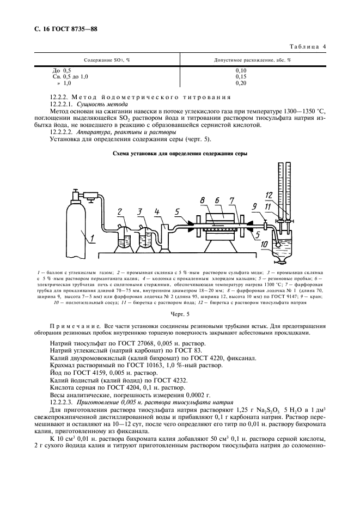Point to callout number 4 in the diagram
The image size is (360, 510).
[x=157, y=211]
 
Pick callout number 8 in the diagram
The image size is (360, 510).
[x=203, y=201]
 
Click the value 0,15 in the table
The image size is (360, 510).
[x=240, y=77]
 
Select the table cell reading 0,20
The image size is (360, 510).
[x=240, y=83]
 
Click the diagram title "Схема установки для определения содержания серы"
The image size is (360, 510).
[x=180, y=154]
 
